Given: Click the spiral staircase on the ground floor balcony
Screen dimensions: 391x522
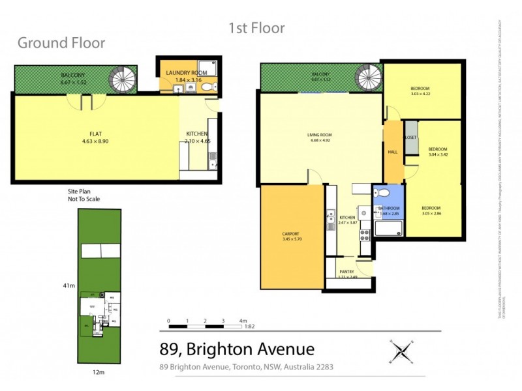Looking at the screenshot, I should pos(121,80).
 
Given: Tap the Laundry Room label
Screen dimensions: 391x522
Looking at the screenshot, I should pos(186,73).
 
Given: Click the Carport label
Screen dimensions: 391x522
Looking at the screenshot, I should pos(290,233).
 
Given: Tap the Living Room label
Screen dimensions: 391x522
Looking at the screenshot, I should pos(320,136).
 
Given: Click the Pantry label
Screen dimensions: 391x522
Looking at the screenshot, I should pos(346,272).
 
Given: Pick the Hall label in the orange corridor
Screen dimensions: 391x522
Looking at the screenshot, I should pos(393,152).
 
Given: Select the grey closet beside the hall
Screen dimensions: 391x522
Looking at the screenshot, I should pos(410,138).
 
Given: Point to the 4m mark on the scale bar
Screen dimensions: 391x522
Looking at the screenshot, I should pos(242,321).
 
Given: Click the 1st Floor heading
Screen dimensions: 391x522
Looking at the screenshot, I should pos(256,28).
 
